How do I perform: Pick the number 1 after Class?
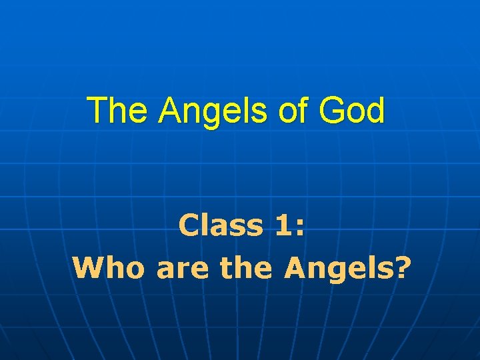pos(282,226)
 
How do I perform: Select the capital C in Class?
pos(189,226)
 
